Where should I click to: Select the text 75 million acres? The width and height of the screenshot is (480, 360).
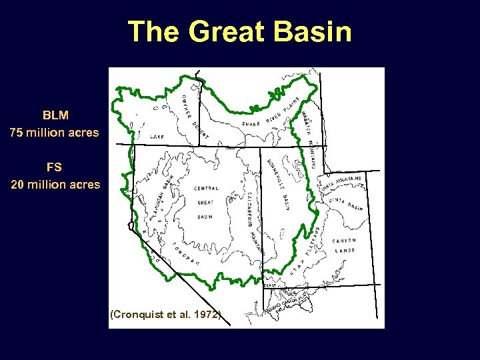point(55,132)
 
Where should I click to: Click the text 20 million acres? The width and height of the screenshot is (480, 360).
point(55,184)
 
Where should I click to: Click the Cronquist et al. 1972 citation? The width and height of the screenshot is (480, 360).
point(165,314)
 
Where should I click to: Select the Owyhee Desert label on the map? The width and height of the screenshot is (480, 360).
point(195,117)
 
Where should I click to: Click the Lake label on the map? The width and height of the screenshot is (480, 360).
point(157,137)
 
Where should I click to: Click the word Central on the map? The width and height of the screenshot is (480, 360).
point(206,189)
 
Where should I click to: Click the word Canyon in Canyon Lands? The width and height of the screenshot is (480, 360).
point(344,240)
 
